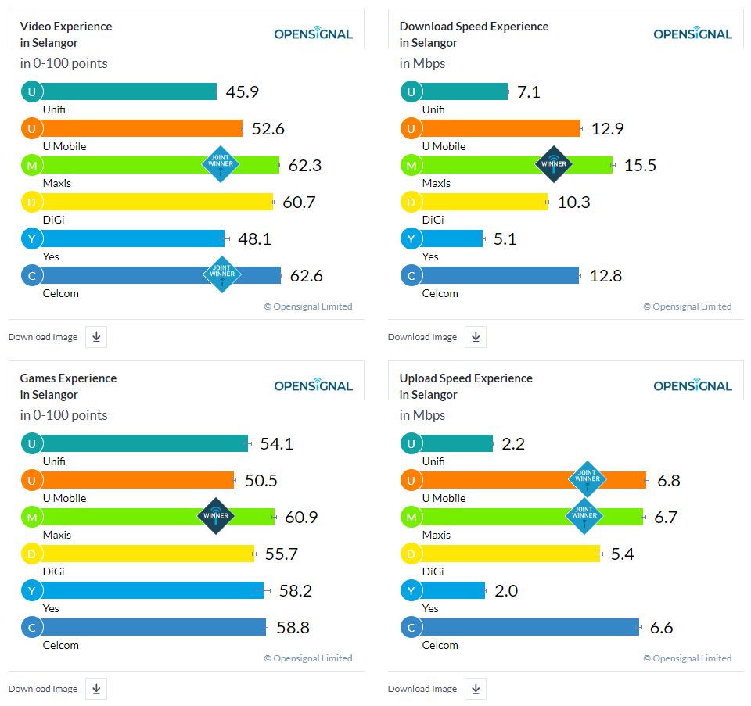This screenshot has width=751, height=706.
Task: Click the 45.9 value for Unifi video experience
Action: pyautogui.click(x=243, y=92)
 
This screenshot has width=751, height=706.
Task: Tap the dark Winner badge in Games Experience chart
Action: pyautogui.click(x=216, y=516)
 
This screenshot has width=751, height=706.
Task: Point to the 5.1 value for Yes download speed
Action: pyautogui.click(x=505, y=238)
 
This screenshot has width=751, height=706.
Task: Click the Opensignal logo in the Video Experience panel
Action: pyautogui.click(x=313, y=34)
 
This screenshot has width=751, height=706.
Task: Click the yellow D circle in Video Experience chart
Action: pyautogui.click(x=31, y=202)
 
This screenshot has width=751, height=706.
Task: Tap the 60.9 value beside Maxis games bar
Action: pyautogui.click(x=300, y=517)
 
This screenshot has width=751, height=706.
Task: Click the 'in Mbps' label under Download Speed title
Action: pyautogui.click(x=422, y=63)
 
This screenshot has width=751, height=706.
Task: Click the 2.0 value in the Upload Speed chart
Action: pyautogui.click(x=506, y=590)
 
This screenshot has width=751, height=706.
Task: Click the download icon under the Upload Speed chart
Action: pyautogui.click(x=476, y=689)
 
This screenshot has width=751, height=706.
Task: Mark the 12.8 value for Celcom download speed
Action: pyautogui.click(x=605, y=275)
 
